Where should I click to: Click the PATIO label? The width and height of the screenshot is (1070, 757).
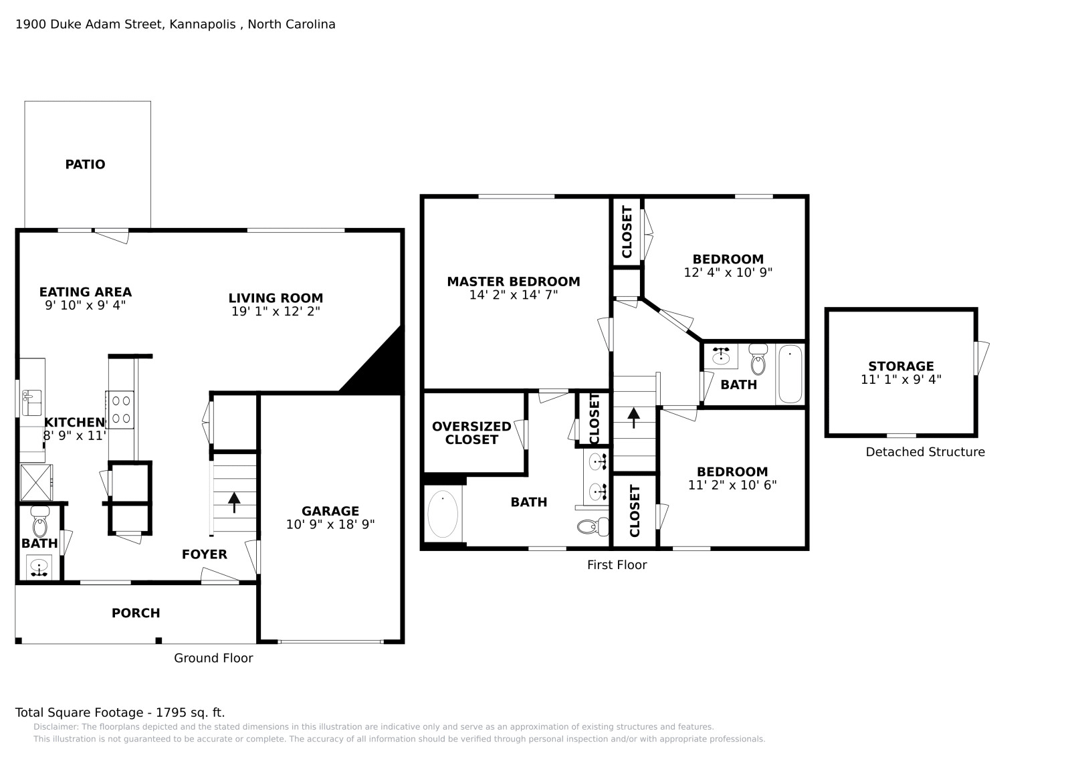pos(85,165)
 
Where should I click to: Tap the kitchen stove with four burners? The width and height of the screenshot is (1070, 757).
pos(120,410)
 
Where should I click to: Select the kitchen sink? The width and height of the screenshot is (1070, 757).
pos(31,403)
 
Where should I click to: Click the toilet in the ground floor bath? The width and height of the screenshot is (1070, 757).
pos(39,522)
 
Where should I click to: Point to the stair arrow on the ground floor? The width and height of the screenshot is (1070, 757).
pos(234,502)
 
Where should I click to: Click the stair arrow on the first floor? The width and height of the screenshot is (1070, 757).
pos(633,418)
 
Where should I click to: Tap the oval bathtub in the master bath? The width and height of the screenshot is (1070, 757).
pos(443,514)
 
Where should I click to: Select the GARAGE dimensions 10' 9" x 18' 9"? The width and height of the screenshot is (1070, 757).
pos(330,524)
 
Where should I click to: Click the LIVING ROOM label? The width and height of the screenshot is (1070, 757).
pos(276,298)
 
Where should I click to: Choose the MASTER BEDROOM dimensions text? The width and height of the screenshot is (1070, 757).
pos(514,295)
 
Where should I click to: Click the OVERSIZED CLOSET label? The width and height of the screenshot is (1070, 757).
pos(471,433)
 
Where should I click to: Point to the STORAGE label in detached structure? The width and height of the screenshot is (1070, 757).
pos(901,366)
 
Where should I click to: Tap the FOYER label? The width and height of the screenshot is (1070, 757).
pos(205,554)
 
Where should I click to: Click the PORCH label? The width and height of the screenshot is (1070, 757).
pos(136,613)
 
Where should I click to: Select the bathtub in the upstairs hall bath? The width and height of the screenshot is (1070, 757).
pos(790,374)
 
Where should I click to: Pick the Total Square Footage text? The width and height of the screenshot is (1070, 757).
pos(120,713)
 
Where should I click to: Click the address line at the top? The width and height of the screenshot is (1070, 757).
pos(175,24)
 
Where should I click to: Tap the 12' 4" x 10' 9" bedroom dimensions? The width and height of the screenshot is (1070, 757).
pos(728,272)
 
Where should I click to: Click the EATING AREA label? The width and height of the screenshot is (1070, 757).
pos(86,292)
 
